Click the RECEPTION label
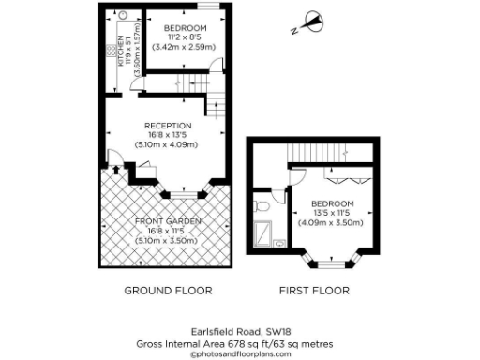click(x=168, y=126)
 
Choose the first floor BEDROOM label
click(x=332, y=203)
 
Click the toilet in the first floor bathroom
click(x=263, y=202)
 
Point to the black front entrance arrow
click(x=115, y=170)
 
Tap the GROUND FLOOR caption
click(x=168, y=291)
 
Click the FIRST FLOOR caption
click(x=314, y=291)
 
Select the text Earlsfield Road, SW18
click(x=240, y=332)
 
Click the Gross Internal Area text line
click(x=240, y=343)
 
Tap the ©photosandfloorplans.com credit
click(x=240, y=354)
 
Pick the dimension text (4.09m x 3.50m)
click(x=332, y=222)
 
